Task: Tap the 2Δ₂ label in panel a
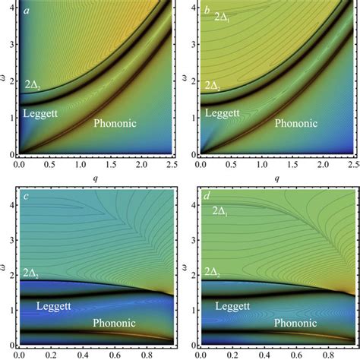pos(36,84)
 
